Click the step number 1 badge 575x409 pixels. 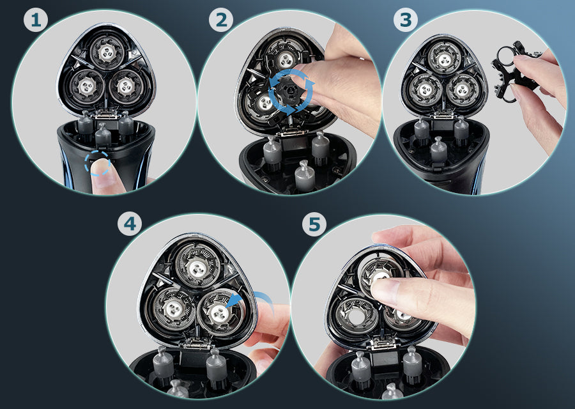click(x=36, y=20)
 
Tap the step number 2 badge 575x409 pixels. click(x=221, y=20)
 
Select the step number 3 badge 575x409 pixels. click(x=406, y=20)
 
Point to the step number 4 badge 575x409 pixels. click(x=130, y=224)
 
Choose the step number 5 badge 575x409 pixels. click(x=314, y=224)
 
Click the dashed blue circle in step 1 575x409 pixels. click(x=97, y=163)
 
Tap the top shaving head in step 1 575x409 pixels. click(x=107, y=52)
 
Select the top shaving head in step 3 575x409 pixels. click(x=444, y=58)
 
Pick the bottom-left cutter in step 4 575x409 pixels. click(x=173, y=309)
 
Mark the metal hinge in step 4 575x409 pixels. click(x=197, y=344)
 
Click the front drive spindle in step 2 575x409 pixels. click(x=305, y=176)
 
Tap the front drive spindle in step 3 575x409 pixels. click(x=438, y=149)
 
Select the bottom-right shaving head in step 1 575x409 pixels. click(x=126, y=86)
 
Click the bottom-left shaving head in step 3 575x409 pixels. click(x=425, y=89)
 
